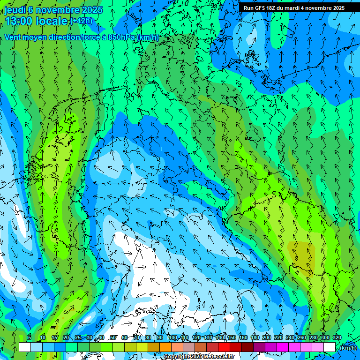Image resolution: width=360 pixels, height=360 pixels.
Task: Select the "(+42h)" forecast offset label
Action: pyautogui.click(x=82, y=21)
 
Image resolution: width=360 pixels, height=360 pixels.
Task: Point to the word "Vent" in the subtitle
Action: pyautogui.click(x=14, y=37)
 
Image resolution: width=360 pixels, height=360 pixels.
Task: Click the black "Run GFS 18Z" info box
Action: pyautogui.click(x=294, y=8)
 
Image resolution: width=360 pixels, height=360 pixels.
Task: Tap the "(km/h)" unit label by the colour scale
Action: pyautogui.click(x=347, y=347)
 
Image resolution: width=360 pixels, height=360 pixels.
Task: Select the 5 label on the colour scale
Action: pyautogui.click(x=30, y=338)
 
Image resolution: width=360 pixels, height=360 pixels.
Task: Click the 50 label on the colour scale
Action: pyautogui.click(x=113, y=338)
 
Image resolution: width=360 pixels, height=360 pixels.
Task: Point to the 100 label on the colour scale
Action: pyautogui.click(x=173, y=338)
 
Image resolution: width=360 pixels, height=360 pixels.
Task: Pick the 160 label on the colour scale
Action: pyautogui.click(x=243, y=338)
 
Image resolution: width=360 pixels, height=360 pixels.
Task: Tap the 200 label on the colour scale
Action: pyautogui.click(x=267, y=338)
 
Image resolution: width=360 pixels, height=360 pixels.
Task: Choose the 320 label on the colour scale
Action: pyautogui.click(x=337, y=338)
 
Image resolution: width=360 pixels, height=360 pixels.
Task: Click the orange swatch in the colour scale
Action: pyautogui.click(x=165, y=347)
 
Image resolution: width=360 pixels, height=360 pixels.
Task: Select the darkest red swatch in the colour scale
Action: pyautogui.click(x=247, y=347)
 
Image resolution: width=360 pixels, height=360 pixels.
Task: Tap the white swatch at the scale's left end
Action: pyautogui.click(x=25, y=347)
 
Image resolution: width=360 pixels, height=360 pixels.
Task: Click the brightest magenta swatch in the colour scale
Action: pyautogui.click(x=283, y=347)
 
